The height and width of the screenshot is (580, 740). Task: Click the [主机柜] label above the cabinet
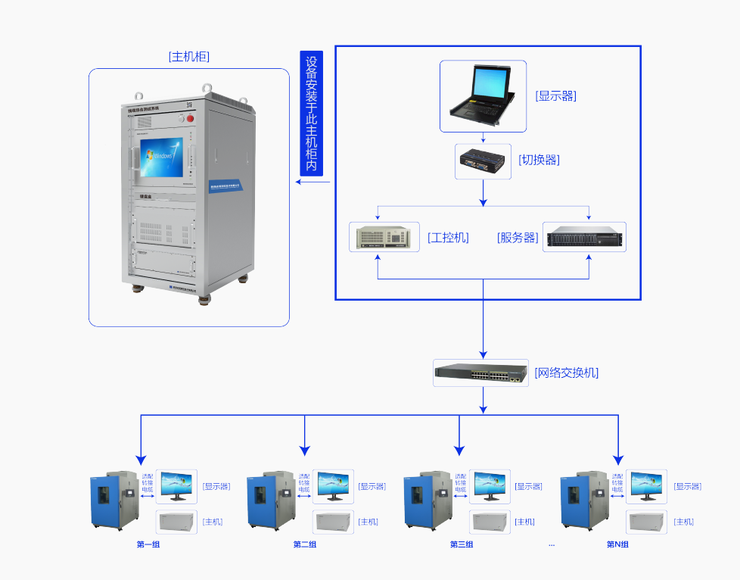[189, 57]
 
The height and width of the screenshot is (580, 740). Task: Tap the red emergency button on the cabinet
[191, 118]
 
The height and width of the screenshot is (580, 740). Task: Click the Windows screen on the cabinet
[161, 157]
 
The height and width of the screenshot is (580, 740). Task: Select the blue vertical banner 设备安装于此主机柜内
[311, 113]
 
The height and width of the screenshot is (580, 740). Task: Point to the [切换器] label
[539, 160]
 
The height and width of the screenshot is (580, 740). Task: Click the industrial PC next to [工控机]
[384, 237]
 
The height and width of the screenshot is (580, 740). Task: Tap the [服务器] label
[518, 237]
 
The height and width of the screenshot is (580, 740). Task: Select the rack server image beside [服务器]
[585, 237]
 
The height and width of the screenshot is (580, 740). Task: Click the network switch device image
[481, 373]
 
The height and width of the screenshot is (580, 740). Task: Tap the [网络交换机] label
[567, 373]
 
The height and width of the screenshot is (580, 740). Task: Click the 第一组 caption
[148, 544]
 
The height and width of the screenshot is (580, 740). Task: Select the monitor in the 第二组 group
[334, 485]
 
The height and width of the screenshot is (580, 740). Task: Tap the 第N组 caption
[617, 544]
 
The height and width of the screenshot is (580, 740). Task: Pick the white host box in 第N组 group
[647, 522]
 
